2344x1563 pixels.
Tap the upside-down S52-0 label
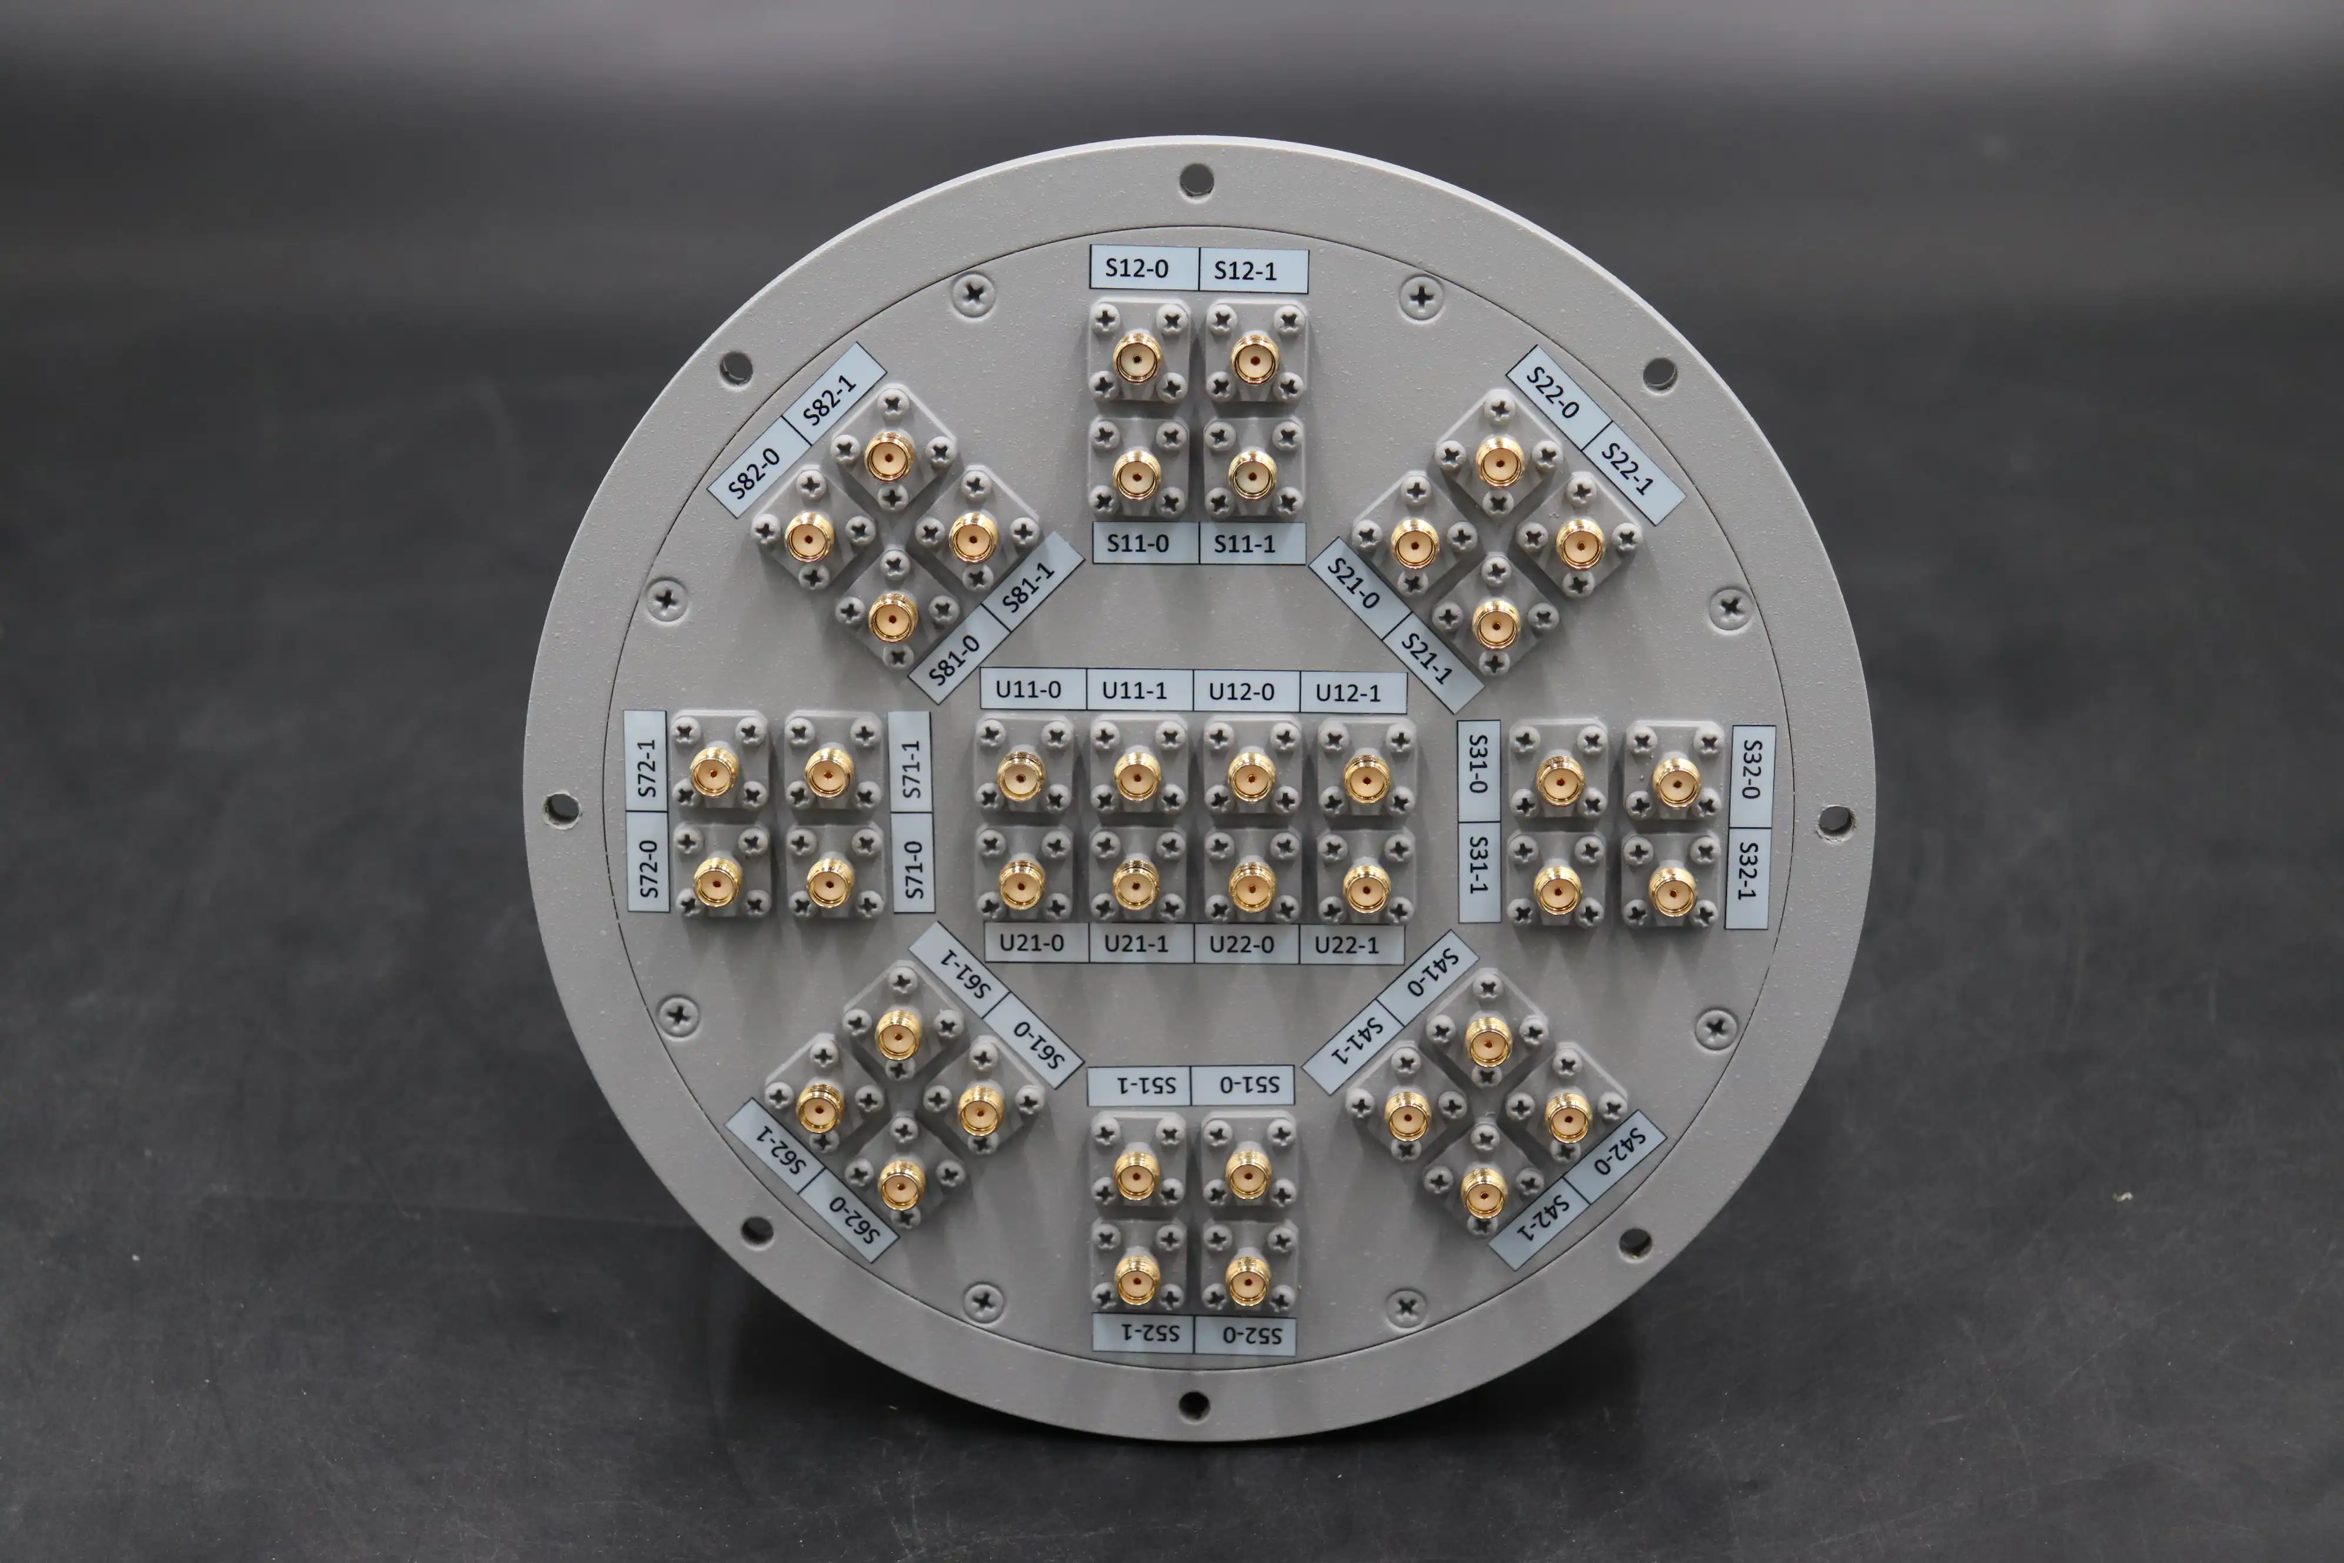point(1246,1335)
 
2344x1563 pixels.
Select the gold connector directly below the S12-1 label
point(1255,359)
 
